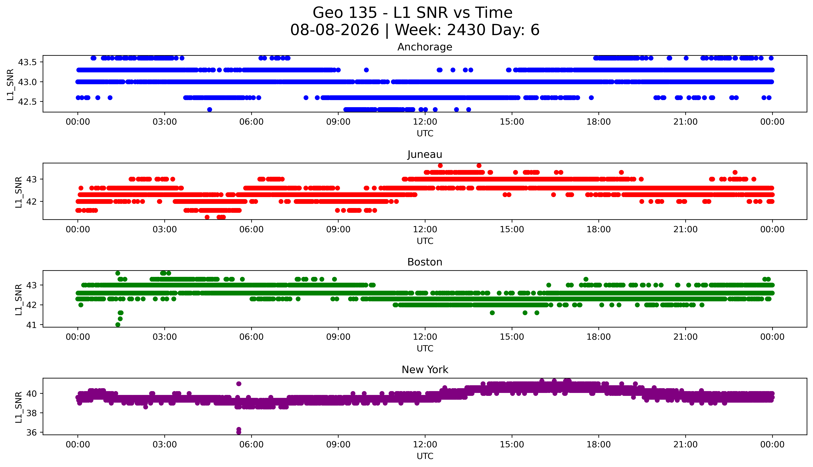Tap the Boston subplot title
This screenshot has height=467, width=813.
tap(425, 262)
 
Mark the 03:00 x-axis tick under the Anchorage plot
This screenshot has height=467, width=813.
tap(165, 122)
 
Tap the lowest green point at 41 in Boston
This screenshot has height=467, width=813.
tap(118, 325)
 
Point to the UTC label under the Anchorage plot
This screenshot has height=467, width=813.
tap(425, 133)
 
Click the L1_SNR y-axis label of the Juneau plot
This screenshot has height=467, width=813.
tap(19, 192)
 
